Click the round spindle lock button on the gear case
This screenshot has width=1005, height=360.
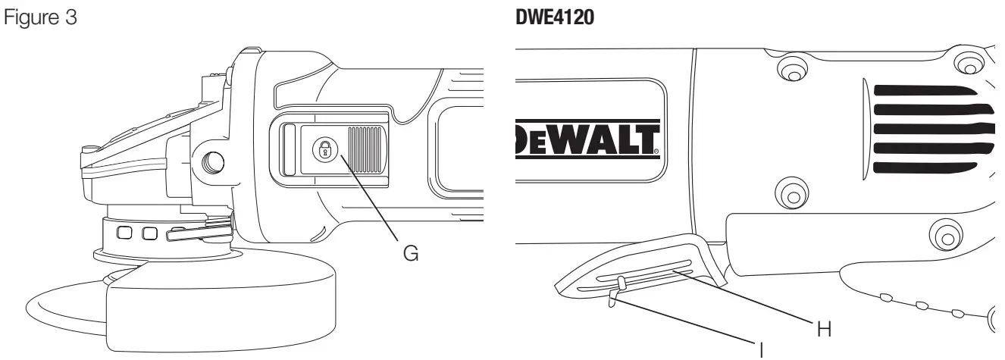[213, 161]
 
